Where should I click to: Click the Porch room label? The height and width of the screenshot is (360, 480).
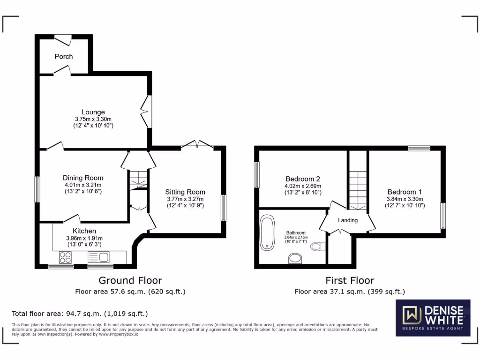coord(64,56)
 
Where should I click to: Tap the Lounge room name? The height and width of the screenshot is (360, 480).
coord(93,112)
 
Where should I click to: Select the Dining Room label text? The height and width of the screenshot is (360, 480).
coord(83,178)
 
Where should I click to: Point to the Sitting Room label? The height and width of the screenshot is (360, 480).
coord(185,192)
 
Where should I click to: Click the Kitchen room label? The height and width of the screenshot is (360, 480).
coord(84,231)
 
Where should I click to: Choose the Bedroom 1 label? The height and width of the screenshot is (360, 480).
coord(405,192)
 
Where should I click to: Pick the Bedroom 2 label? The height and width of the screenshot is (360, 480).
coord(303,179)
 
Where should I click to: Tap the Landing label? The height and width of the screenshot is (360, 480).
coord(348,220)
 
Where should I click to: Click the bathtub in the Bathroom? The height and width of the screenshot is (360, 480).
coord(268,232)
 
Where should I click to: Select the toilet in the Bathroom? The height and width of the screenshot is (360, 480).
coord(318,247)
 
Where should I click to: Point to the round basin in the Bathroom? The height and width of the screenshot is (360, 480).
coord(296,258)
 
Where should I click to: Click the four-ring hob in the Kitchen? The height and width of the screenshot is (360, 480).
coord(66,257)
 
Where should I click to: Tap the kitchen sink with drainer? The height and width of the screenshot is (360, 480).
coord(98,257)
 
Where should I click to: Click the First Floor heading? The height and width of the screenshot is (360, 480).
coord(350,280)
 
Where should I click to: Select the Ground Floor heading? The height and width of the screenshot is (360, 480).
coord(130,280)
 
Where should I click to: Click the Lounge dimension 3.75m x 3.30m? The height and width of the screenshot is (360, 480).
coord(93,119)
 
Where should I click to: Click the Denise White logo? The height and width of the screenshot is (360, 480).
coord(433,318)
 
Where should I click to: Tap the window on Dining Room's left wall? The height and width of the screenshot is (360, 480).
coord(37,189)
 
